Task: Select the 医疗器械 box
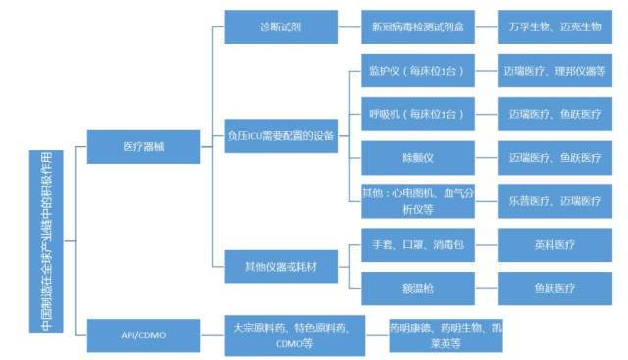(x=143, y=146)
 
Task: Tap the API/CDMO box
(x=143, y=334)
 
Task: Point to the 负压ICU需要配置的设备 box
(x=280, y=135)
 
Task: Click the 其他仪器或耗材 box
(x=280, y=265)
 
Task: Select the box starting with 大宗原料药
(x=282, y=334)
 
